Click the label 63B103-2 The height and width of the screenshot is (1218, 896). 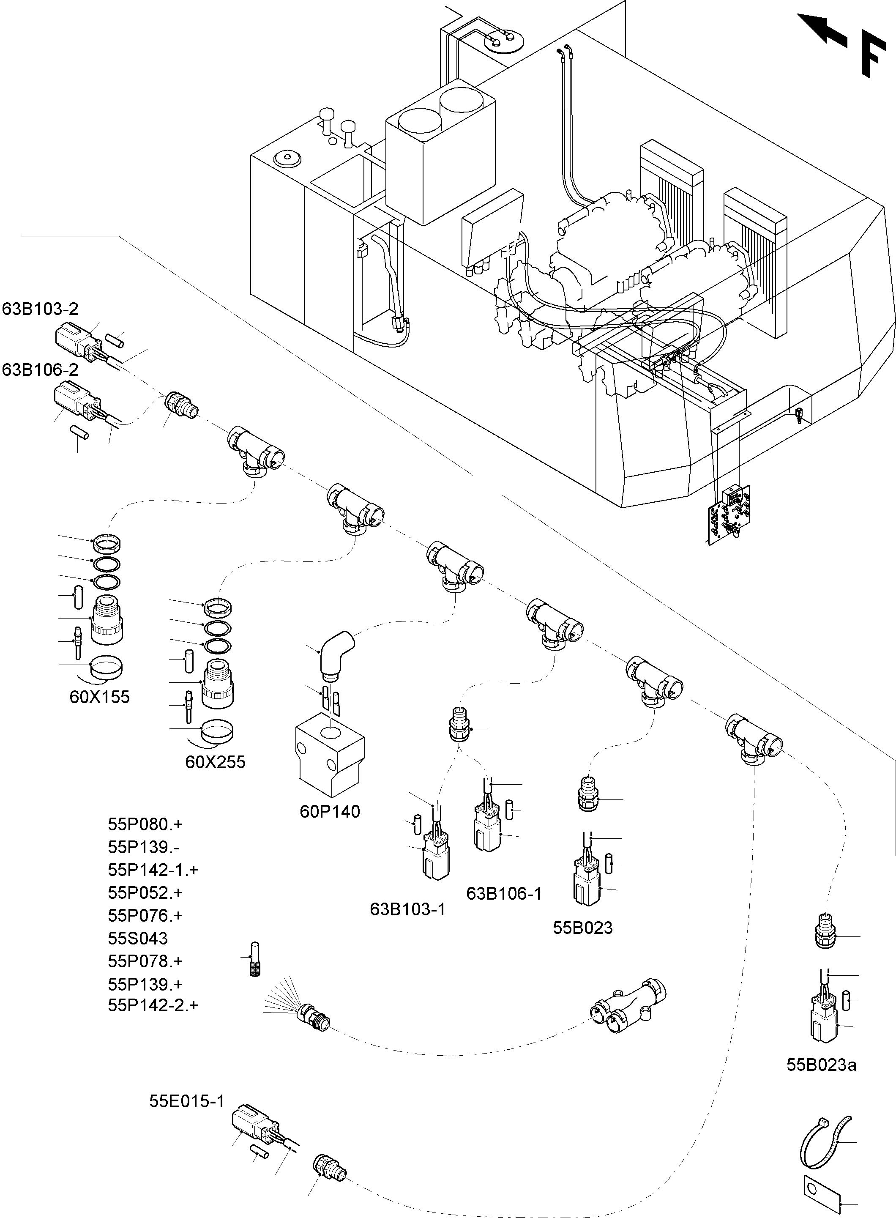coord(40,309)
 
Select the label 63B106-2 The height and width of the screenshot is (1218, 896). coord(40,370)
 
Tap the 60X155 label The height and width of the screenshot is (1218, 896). coord(100,697)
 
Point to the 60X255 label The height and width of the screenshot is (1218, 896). coord(215,762)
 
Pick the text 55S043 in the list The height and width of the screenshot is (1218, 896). coord(138,939)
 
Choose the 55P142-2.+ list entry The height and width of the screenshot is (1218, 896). coord(153,1005)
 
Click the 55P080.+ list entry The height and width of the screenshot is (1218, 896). coord(145,825)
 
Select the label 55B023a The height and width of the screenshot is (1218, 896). coord(821,1065)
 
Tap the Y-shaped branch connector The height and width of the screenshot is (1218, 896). coord(628,1005)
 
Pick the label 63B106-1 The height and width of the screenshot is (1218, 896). coord(504,894)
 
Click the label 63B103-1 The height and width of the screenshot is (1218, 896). coord(407,909)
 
